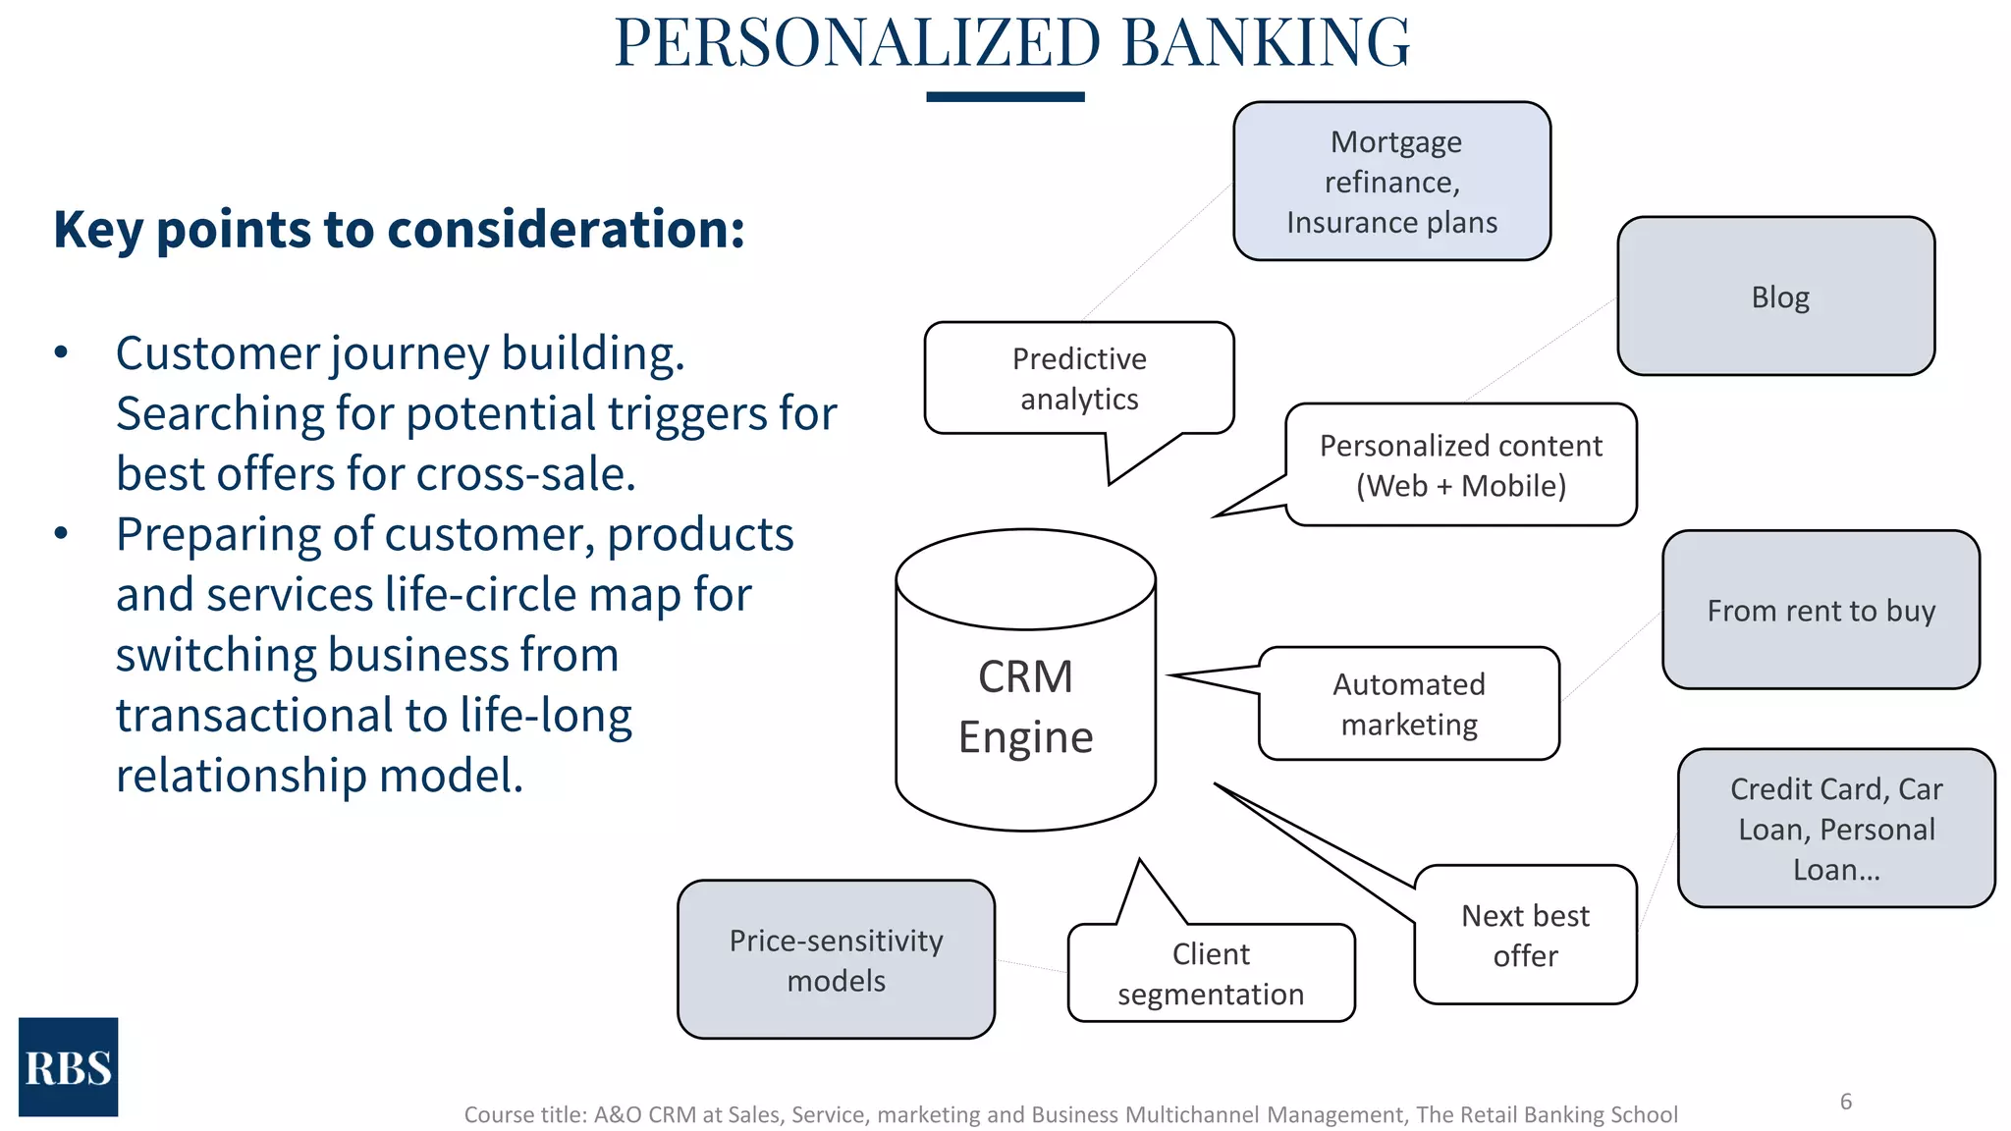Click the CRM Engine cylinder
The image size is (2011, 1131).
tap(1025, 707)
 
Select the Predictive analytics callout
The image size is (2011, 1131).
tap(1078, 379)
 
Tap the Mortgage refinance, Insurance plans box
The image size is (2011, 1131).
tap(1391, 182)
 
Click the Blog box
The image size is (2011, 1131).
tap(1775, 296)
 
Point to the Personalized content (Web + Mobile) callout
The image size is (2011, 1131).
tap(1460, 465)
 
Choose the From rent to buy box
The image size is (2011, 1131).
tap(1821, 611)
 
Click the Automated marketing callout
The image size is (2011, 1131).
tap(1408, 704)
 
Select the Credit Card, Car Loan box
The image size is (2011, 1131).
tap(1835, 829)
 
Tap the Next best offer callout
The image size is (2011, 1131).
tap(1525, 935)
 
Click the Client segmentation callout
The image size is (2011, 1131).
tap(1211, 973)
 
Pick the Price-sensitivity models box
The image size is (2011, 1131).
tap(836, 960)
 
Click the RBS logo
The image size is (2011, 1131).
tap(68, 1067)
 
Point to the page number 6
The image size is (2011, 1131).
tap(1845, 1102)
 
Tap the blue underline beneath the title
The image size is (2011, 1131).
tap(1005, 97)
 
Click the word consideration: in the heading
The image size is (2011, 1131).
tap(567, 230)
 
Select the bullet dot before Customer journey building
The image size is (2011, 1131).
tap(62, 352)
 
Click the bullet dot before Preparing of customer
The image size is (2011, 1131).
tap(62, 534)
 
